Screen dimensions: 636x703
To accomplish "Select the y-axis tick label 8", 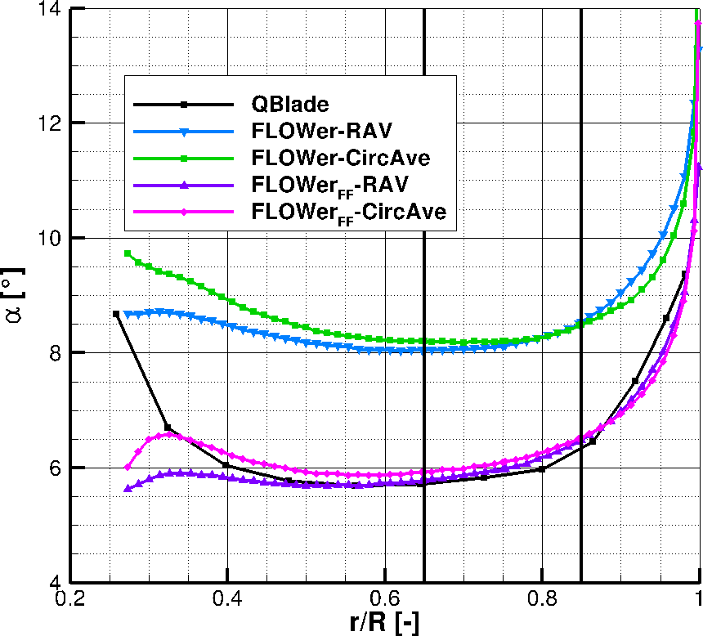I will [x=54, y=353].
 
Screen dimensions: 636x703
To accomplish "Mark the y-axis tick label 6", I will [x=54, y=468].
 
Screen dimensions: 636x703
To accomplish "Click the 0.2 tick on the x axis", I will [x=71, y=598].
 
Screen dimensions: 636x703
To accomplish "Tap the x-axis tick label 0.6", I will [x=385, y=598].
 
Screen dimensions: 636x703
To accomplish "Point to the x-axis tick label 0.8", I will [x=542, y=598].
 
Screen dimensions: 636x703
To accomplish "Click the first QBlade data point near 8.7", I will [x=116, y=314].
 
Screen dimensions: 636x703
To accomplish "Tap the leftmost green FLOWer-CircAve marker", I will [x=127, y=253].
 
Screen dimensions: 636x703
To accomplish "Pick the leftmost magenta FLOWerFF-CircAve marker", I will [x=127, y=468].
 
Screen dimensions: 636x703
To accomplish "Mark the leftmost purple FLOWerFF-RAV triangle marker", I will [x=127, y=489].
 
